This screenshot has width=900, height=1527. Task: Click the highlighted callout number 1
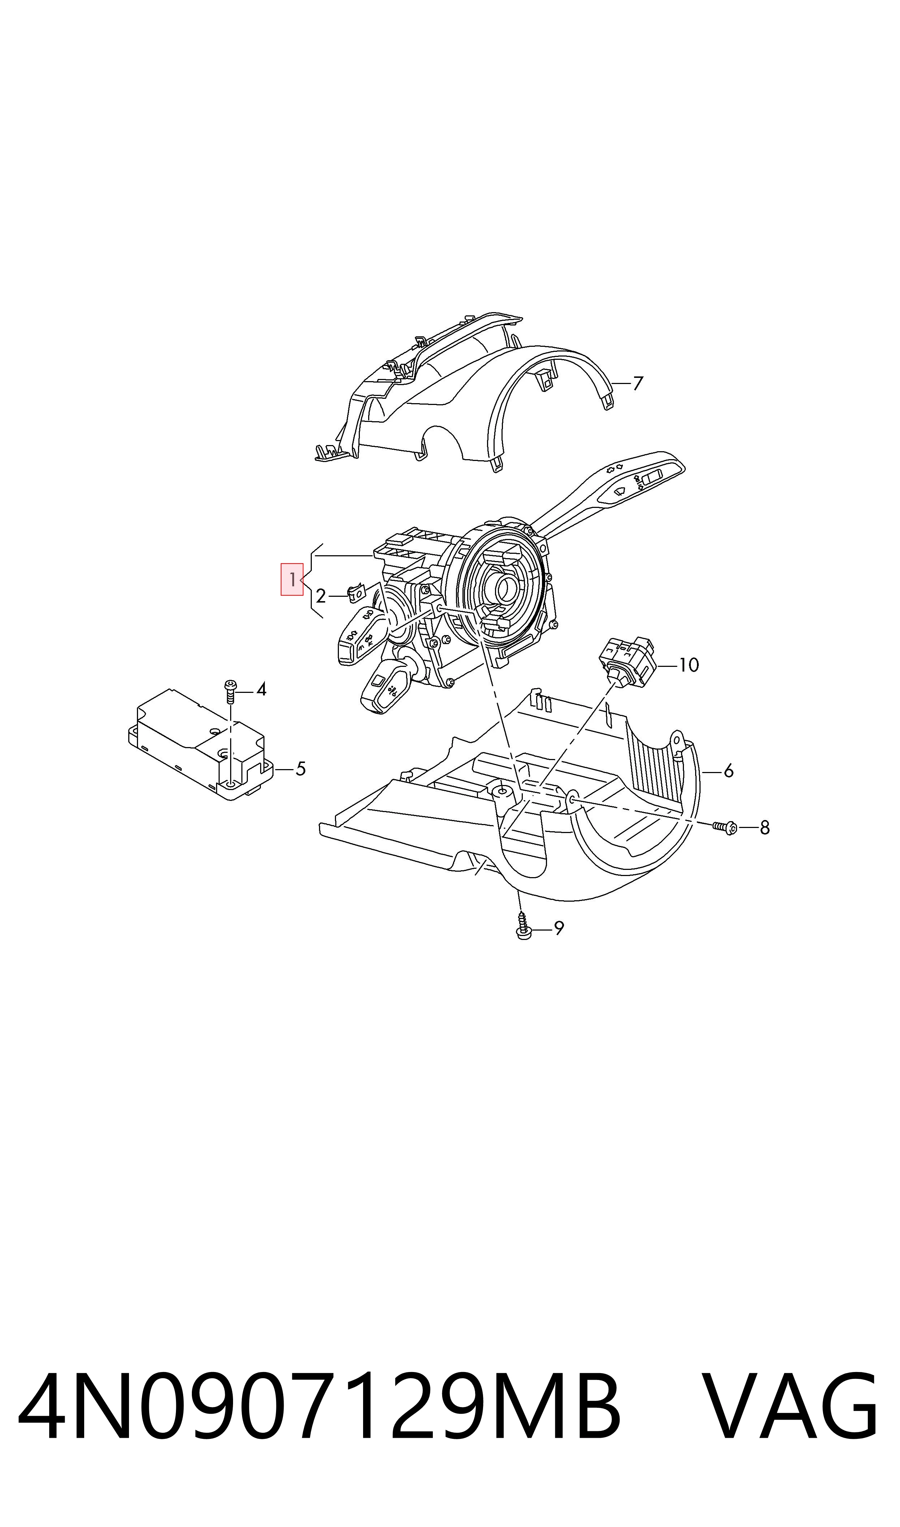pyautogui.click(x=292, y=579)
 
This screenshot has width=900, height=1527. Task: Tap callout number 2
pyautogui.click(x=321, y=596)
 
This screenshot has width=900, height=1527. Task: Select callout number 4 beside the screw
pyautogui.click(x=261, y=689)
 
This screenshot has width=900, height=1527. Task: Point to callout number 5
pyautogui.click(x=300, y=769)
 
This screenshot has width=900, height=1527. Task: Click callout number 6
pyautogui.click(x=729, y=771)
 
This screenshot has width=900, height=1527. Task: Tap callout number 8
pyautogui.click(x=765, y=828)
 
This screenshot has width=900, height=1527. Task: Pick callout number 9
pyautogui.click(x=559, y=927)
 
